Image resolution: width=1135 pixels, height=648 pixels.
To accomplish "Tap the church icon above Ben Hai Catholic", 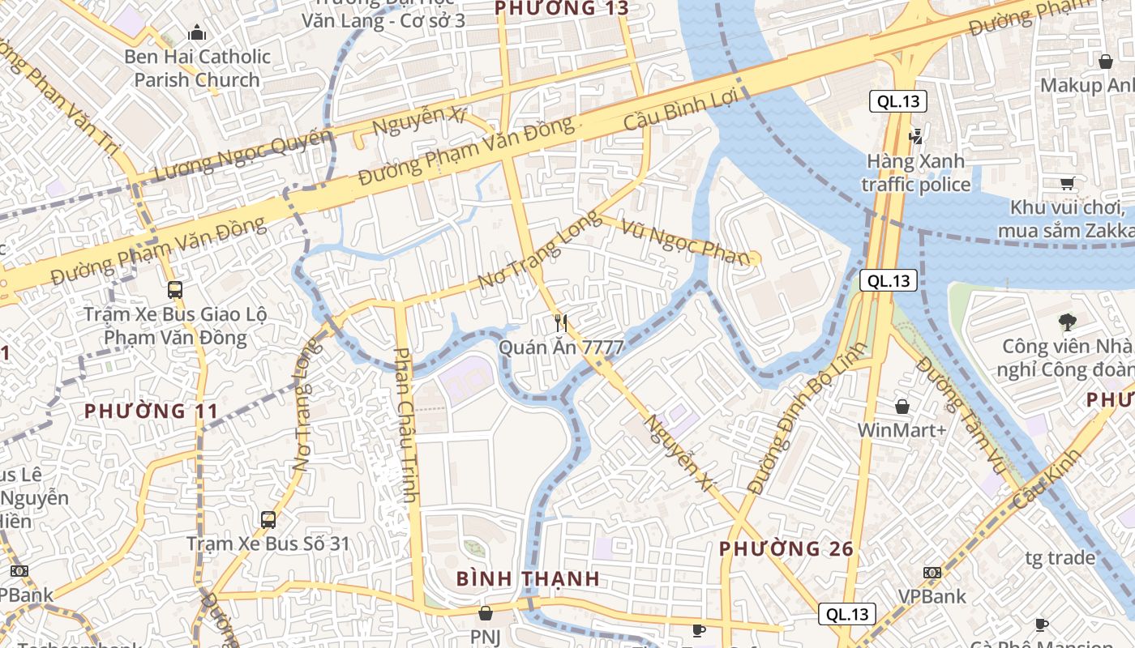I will [196, 33].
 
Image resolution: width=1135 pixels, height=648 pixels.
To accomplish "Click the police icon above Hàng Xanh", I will [916, 136].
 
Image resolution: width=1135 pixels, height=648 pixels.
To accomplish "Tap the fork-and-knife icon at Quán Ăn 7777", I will [560, 323].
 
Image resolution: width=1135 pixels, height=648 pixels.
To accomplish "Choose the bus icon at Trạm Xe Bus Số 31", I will [268, 519].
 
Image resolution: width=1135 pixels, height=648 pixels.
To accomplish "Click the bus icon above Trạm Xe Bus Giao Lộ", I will [174, 289].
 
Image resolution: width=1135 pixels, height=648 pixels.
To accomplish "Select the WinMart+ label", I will [902, 429].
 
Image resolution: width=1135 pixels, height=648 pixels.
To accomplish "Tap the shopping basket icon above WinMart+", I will [902, 406].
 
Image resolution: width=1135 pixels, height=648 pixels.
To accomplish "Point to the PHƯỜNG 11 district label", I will [152, 411].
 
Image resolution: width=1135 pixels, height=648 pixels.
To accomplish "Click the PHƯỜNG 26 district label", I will [786, 549].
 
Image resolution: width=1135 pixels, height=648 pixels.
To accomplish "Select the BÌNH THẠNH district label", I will [528, 578].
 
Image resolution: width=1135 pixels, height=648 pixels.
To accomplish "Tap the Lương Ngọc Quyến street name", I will [243, 156].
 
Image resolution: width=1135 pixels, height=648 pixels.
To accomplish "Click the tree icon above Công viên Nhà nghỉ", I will [1067, 322].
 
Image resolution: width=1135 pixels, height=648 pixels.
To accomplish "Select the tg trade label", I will [1060, 558].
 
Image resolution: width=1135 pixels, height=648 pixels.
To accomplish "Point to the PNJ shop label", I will [486, 637].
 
